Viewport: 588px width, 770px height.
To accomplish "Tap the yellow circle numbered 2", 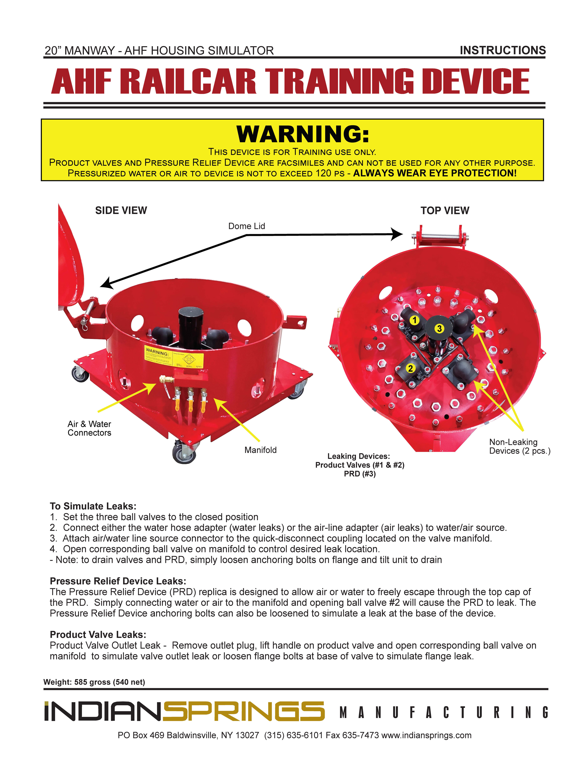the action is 410,368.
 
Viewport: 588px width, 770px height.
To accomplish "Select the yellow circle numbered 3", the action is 439,328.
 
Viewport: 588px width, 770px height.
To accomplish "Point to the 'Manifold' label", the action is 260,450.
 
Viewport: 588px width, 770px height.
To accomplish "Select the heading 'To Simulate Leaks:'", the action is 93,506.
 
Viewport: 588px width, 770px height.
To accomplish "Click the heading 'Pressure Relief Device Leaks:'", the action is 118,581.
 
